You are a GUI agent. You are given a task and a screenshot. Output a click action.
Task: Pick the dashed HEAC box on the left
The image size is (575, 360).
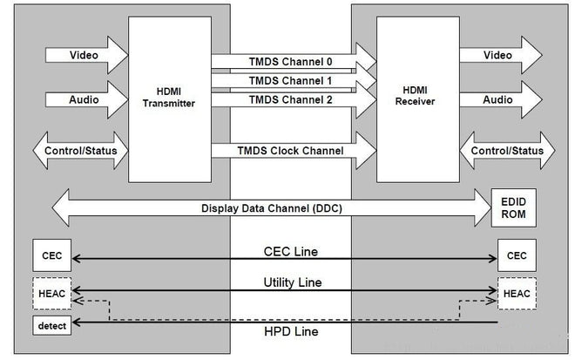coord(51,294)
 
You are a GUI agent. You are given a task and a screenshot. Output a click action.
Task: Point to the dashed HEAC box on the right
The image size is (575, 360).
coord(516,294)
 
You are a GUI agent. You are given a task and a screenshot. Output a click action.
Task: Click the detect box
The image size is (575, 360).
coord(51,325)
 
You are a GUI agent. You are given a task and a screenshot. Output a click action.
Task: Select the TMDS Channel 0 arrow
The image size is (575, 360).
coord(292,61)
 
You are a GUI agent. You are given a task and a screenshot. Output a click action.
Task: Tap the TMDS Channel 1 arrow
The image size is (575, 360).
coord(292,80)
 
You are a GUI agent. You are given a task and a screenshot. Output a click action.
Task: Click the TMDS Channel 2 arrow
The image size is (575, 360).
coord(292,100)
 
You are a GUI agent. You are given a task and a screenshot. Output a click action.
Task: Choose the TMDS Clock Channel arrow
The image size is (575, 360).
coord(292,151)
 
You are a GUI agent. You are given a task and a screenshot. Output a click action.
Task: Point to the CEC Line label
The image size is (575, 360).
coord(290,251)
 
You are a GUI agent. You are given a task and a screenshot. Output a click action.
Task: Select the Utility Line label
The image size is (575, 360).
coord(290,282)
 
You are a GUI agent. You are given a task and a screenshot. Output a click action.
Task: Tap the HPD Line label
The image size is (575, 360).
coord(290,331)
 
